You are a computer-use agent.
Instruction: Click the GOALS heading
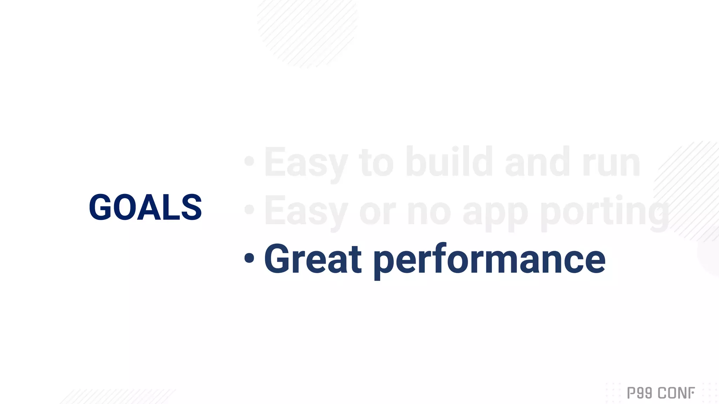point(145,207)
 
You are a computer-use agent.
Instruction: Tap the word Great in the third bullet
point(312,259)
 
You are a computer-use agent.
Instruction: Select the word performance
point(489,260)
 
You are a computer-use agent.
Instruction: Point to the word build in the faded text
point(449,162)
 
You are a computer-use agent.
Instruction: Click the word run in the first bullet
point(611,163)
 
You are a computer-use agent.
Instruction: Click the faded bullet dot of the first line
point(249,161)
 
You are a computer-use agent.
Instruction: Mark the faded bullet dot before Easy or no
point(249,209)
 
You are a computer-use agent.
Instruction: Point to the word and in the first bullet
point(537,162)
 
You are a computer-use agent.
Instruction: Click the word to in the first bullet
point(376,163)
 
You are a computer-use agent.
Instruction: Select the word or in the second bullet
point(377,213)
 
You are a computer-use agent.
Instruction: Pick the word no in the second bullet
point(429,213)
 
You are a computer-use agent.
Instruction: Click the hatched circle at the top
point(307,32)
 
